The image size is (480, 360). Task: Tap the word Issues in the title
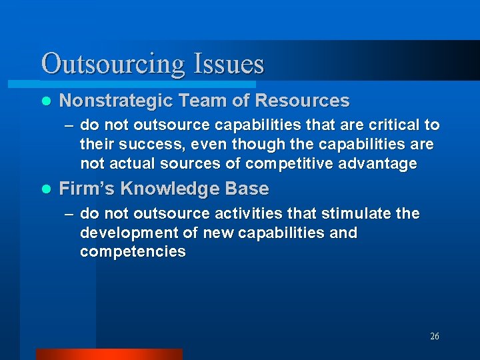pos(228,65)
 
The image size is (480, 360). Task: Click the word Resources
pos(302,101)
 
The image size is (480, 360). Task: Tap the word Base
pos(247,189)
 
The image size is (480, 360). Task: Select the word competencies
pos(133,252)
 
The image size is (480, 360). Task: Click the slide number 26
pos(435,337)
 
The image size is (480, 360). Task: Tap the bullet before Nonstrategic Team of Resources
pos(45,101)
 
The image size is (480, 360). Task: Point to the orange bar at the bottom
pos(109,354)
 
